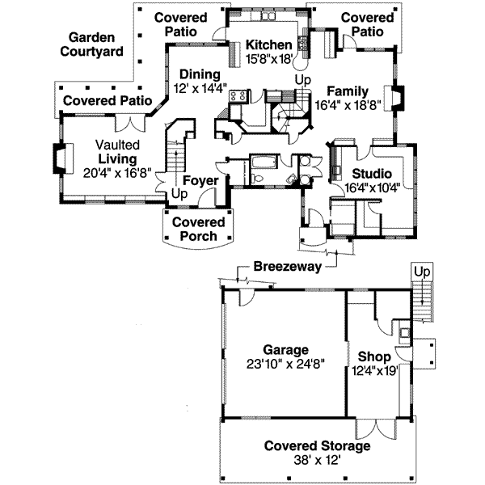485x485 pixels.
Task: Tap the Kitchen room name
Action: click(x=268, y=44)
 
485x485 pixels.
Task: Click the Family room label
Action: click(x=348, y=91)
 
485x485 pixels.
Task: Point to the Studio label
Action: click(x=372, y=174)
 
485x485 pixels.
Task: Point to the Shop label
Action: click(x=376, y=356)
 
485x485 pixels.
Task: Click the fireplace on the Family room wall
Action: click(x=398, y=99)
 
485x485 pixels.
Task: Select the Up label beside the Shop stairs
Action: click(x=420, y=272)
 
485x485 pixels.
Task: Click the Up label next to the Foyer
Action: click(x=176, y=195)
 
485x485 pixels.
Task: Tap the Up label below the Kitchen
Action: click(x=302, y=79)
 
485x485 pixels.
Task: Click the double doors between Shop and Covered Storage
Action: click(x=373, y=428)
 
